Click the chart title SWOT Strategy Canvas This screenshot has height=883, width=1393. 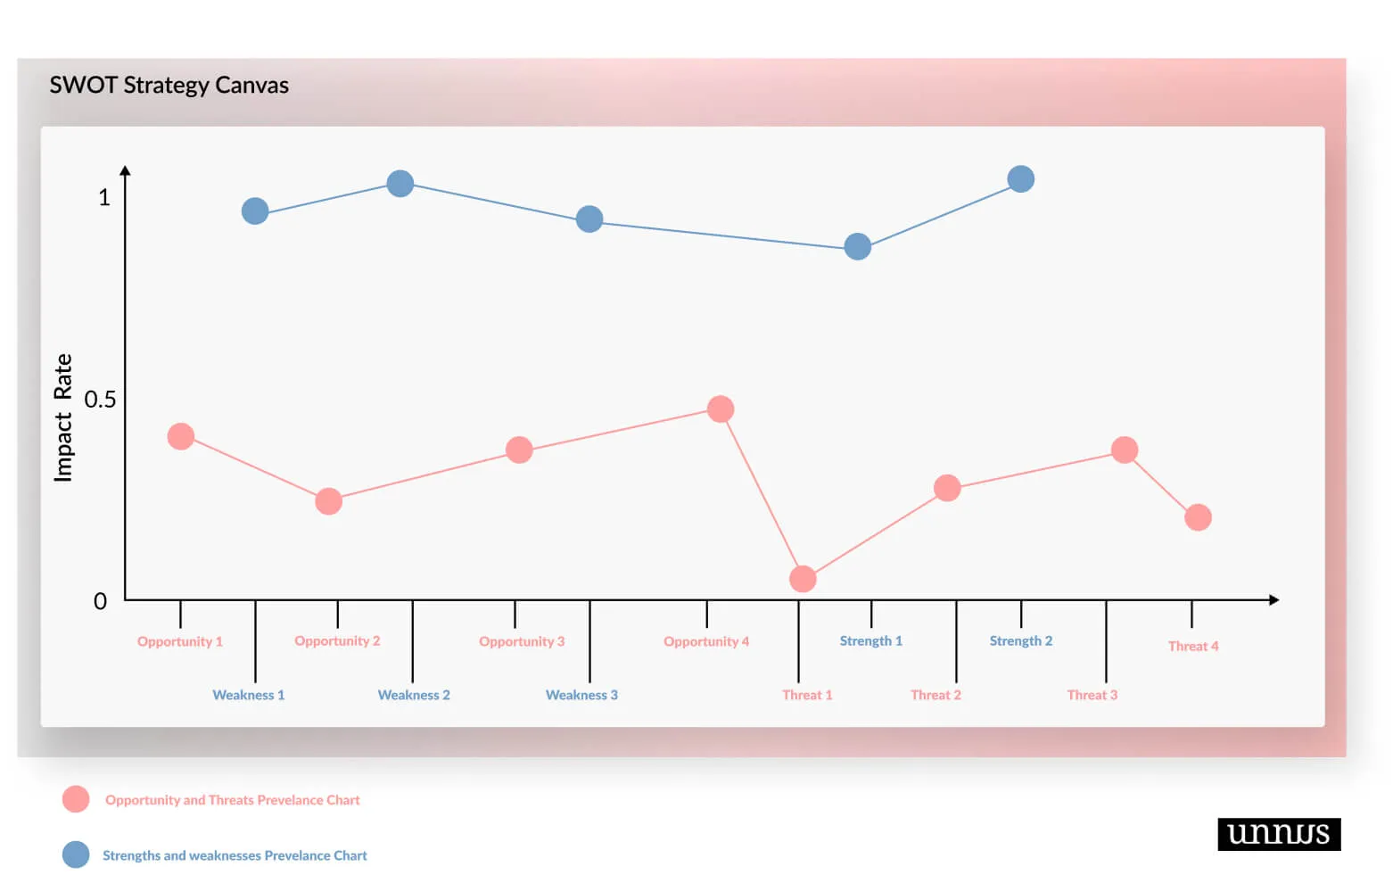[x=169, y=85]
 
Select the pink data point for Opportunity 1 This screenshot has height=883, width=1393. [x=181, y=436]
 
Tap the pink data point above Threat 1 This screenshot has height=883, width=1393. [x=803, y=579]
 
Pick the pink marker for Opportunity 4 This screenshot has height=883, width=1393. [x=721, y=409]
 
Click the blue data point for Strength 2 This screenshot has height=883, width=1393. [x=1021, y=179]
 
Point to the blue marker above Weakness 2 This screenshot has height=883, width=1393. [x=400, y=184]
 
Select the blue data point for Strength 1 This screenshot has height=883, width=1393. [x=858, y=247]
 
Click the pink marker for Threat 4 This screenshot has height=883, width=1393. [x=1198, y=517]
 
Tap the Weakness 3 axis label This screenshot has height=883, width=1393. [x=581, y=695]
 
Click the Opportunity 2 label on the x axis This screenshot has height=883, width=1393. [x=337, y=640]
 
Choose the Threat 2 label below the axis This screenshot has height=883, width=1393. [x=936, y=695]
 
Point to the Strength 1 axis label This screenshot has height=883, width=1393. [x=870, y=640]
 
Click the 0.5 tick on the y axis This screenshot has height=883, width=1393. [x=100, y=400]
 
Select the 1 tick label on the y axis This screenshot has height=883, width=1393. [x=104, y=197]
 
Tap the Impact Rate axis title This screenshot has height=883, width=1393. [x=62, y=417]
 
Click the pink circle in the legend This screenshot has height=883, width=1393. [x=76, y=799]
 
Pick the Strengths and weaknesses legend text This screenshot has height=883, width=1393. [x=235, y=855]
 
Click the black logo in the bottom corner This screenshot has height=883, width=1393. [x=1278, y=834]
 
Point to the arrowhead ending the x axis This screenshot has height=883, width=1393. [x=1274, y=600]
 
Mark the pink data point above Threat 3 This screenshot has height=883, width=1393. [x=1125, y=450]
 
